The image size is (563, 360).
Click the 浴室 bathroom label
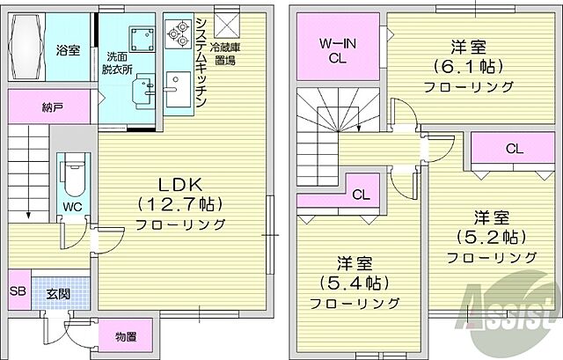tap(68, 50)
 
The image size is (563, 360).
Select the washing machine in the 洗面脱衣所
tap(139, 39)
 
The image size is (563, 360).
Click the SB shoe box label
tap(17, 291)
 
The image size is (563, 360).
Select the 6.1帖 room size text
tap(467, 67)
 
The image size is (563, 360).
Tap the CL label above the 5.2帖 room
tap(513, 150)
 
